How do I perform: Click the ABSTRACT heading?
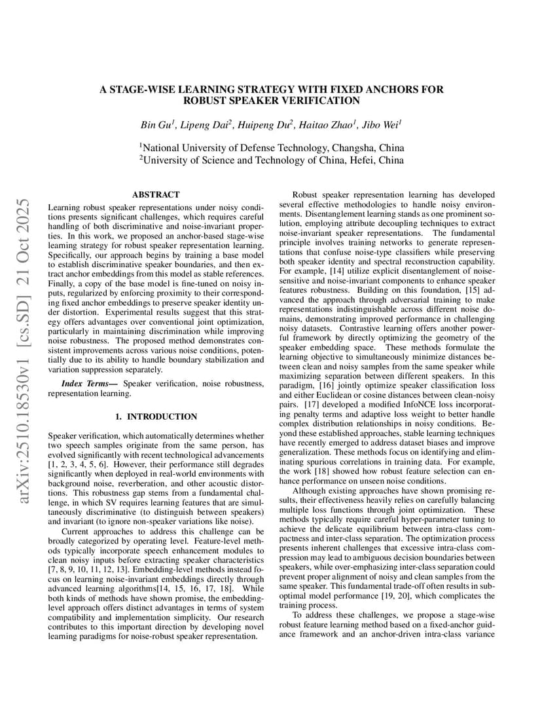[x=155, y=194]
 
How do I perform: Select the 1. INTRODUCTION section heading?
[x=155, y=416]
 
